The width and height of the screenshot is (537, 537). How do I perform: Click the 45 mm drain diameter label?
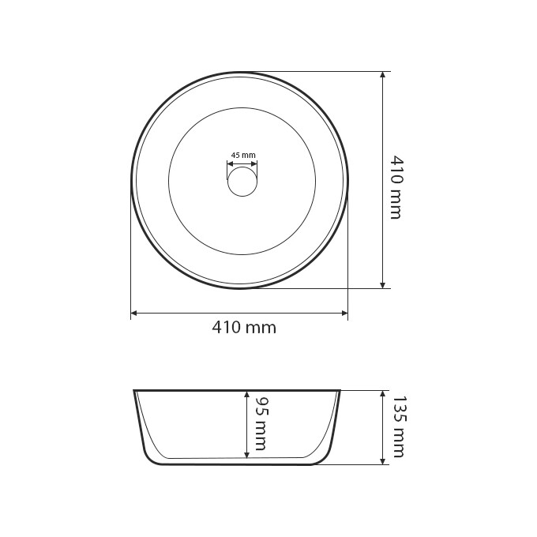point(242,156)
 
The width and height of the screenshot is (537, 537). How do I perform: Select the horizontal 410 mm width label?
point(244,328)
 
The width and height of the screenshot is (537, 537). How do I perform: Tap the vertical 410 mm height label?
point(396,188)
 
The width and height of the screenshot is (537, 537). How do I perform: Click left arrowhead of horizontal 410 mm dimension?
point(133,314)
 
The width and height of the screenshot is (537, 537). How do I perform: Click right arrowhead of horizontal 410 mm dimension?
point(344,314)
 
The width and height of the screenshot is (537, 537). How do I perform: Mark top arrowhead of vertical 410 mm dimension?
point(383,75)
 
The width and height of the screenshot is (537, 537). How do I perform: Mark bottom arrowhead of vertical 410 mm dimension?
point(383,285)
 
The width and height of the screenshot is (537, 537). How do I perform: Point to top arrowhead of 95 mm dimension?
point(247,394)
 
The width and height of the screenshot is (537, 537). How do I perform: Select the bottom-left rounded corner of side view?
point(150,457)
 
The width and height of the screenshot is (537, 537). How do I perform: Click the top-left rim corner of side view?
point(135,391)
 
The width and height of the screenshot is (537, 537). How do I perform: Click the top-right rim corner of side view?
point(340,391)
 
